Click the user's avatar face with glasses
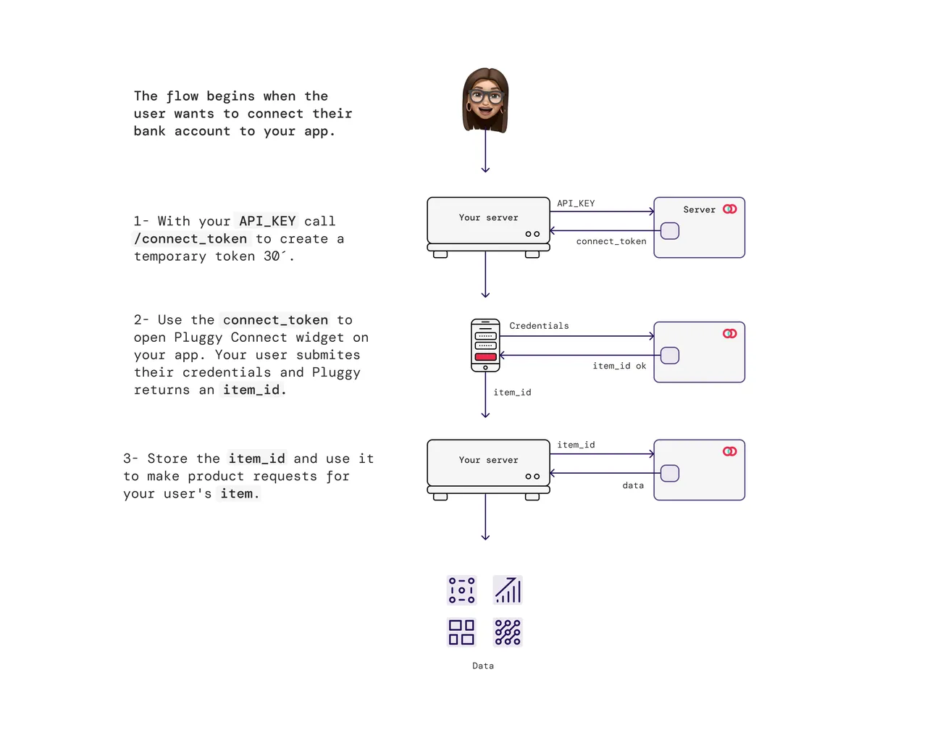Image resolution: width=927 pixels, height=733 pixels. click(485, 100)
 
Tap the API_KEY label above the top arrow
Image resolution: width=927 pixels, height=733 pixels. click(576, 204)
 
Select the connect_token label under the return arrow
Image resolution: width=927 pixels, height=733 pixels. click(611, 241)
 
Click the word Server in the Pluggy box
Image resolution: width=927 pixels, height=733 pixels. click(699, 210)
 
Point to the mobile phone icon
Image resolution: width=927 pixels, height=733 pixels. click(485, 345)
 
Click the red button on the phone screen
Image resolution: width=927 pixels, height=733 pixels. click(485, 357)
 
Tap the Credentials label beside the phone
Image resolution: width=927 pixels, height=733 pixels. click(539, 326)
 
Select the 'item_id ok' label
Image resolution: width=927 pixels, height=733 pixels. click(619, 366)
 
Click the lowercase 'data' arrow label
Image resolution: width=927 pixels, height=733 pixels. click(633, 486)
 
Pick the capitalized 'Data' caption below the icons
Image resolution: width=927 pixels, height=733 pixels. click(483, 666)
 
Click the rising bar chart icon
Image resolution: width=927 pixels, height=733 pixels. click(508, 590)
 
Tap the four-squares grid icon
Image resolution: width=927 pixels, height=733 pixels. click(461, 632)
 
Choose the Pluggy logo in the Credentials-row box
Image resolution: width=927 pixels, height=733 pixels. click(730, 333)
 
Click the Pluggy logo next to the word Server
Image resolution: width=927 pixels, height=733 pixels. click(730, 209)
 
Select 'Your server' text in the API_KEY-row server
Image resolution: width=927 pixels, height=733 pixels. click(488, 217)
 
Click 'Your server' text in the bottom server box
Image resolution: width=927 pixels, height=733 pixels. click(488, 460)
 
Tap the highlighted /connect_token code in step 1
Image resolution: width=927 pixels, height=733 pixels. click(190, 239)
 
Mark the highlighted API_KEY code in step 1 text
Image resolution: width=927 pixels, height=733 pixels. click(267, 221)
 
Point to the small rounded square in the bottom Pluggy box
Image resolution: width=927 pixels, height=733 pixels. click(670, 474)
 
